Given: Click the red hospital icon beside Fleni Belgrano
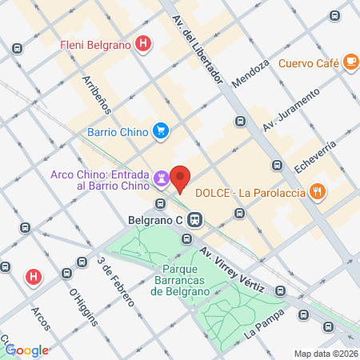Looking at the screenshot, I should point(143,43).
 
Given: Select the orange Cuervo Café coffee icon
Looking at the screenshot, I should point(350,62).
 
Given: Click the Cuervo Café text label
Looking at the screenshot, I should point(309,64).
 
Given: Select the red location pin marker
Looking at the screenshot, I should point(182,178).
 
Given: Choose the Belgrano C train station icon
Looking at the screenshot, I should point(197,218).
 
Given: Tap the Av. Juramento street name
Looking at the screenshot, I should point(291,111).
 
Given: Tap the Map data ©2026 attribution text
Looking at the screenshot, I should point(325,354).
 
